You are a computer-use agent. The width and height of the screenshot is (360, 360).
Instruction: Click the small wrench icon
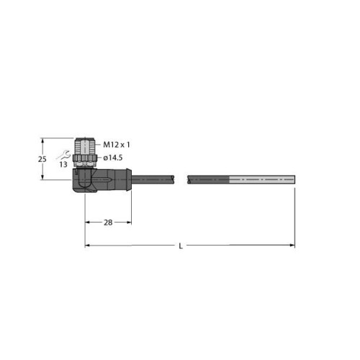[x=67, y=153]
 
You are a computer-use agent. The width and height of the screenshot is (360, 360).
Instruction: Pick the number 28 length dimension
[x=109, y=224]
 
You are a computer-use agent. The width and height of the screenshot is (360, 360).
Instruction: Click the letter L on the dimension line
[x=179, y=246]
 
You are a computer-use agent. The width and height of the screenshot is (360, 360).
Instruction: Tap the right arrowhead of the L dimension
[x=292, y=246]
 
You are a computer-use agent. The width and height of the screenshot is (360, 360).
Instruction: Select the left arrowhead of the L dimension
[x=89, y=246]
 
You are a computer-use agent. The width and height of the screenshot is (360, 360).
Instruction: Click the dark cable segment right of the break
[x=209, y=178]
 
